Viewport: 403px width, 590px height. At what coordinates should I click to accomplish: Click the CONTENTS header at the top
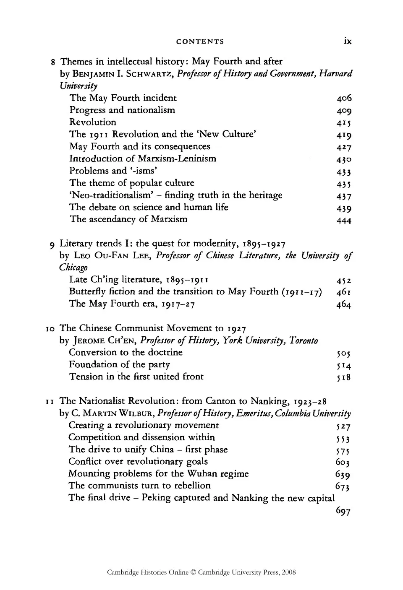tap(200, 41)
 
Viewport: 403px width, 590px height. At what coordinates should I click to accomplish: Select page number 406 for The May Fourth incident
tap(344, 99)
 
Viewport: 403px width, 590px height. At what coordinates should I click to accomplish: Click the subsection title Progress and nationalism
tap(122, 110)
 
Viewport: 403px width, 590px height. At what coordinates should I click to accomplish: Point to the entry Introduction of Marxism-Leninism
tap(143, 159)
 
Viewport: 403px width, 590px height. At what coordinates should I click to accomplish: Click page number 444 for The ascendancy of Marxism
tap(344, 220)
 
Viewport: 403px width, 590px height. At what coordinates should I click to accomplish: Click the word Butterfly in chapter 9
tap(86, 292)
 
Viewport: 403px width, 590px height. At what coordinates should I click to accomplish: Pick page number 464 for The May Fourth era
tap(344, 304)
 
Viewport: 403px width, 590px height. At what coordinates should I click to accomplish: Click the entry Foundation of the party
tap(120, 365)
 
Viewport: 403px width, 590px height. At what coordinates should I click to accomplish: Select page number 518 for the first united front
tap(344, 377)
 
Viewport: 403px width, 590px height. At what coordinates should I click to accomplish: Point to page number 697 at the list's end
tap(343, 511)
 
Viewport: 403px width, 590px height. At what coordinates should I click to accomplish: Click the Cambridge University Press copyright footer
tap(201, 572)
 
